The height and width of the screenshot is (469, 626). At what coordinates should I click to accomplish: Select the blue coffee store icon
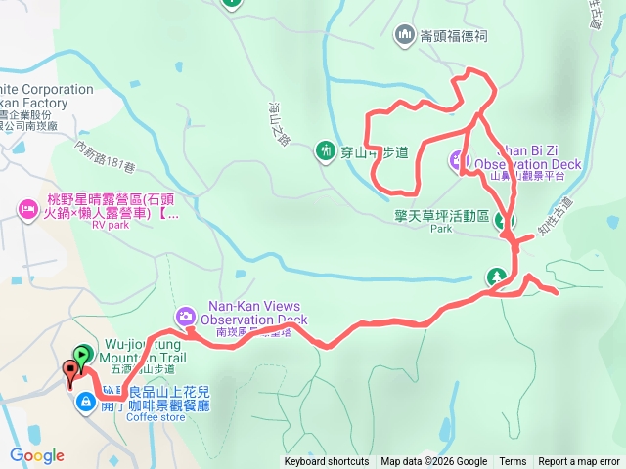tap(87, 401)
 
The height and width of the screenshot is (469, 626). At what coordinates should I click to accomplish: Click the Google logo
tap(37, 455)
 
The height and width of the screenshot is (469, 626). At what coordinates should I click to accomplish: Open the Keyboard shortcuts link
tap(327, 462)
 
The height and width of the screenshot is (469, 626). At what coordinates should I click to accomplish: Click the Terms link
tap(513, 462)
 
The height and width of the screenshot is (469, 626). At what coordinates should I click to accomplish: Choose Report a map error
tap(580, 462)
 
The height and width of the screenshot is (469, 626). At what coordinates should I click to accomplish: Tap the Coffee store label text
tap(156, 417)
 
